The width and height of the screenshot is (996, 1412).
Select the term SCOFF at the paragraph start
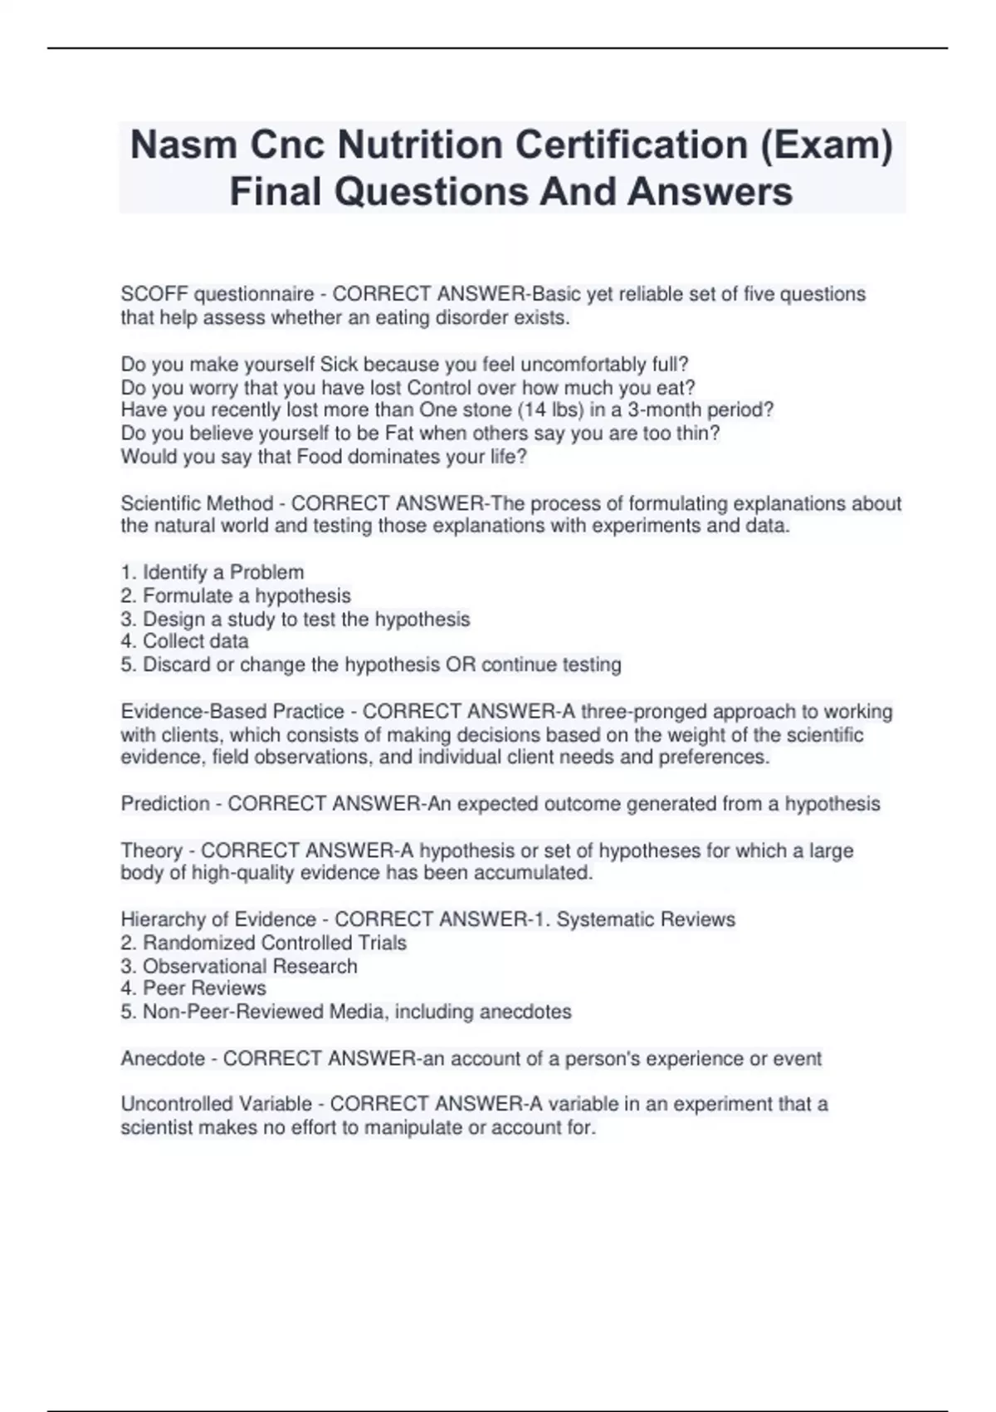pos(154,294)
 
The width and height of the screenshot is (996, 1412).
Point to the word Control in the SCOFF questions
pos(440,387)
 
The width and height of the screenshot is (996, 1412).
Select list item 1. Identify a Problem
pos(212,572)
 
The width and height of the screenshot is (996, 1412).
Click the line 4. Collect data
pos(184,641)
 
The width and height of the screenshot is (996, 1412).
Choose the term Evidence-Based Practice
pos(232,711)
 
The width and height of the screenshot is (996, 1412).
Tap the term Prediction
pos(165,803)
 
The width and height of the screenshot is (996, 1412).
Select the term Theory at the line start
pos(151,850)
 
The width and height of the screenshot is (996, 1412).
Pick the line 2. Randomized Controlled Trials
pos(264,943)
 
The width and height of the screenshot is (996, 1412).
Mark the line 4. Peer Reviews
pos(193,988)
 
